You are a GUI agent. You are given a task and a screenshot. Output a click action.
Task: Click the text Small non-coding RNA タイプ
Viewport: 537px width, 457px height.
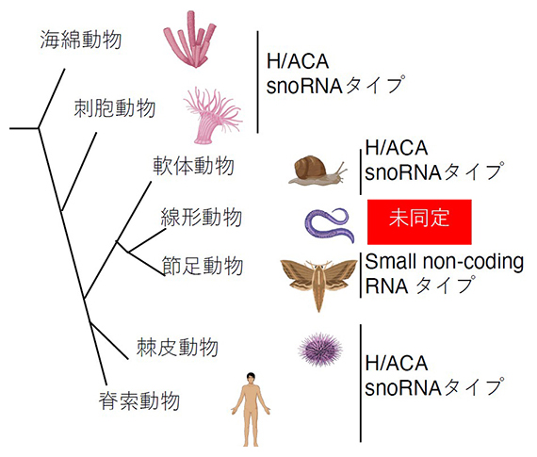pyautogui.click(x=445, y=273)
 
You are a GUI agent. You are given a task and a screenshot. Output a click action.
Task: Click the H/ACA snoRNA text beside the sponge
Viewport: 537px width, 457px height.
pyautogui.click(x=334, y=74)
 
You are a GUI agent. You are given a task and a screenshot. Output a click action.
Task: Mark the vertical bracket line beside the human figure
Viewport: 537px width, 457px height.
pyautogui.click(x=361, y=382)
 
